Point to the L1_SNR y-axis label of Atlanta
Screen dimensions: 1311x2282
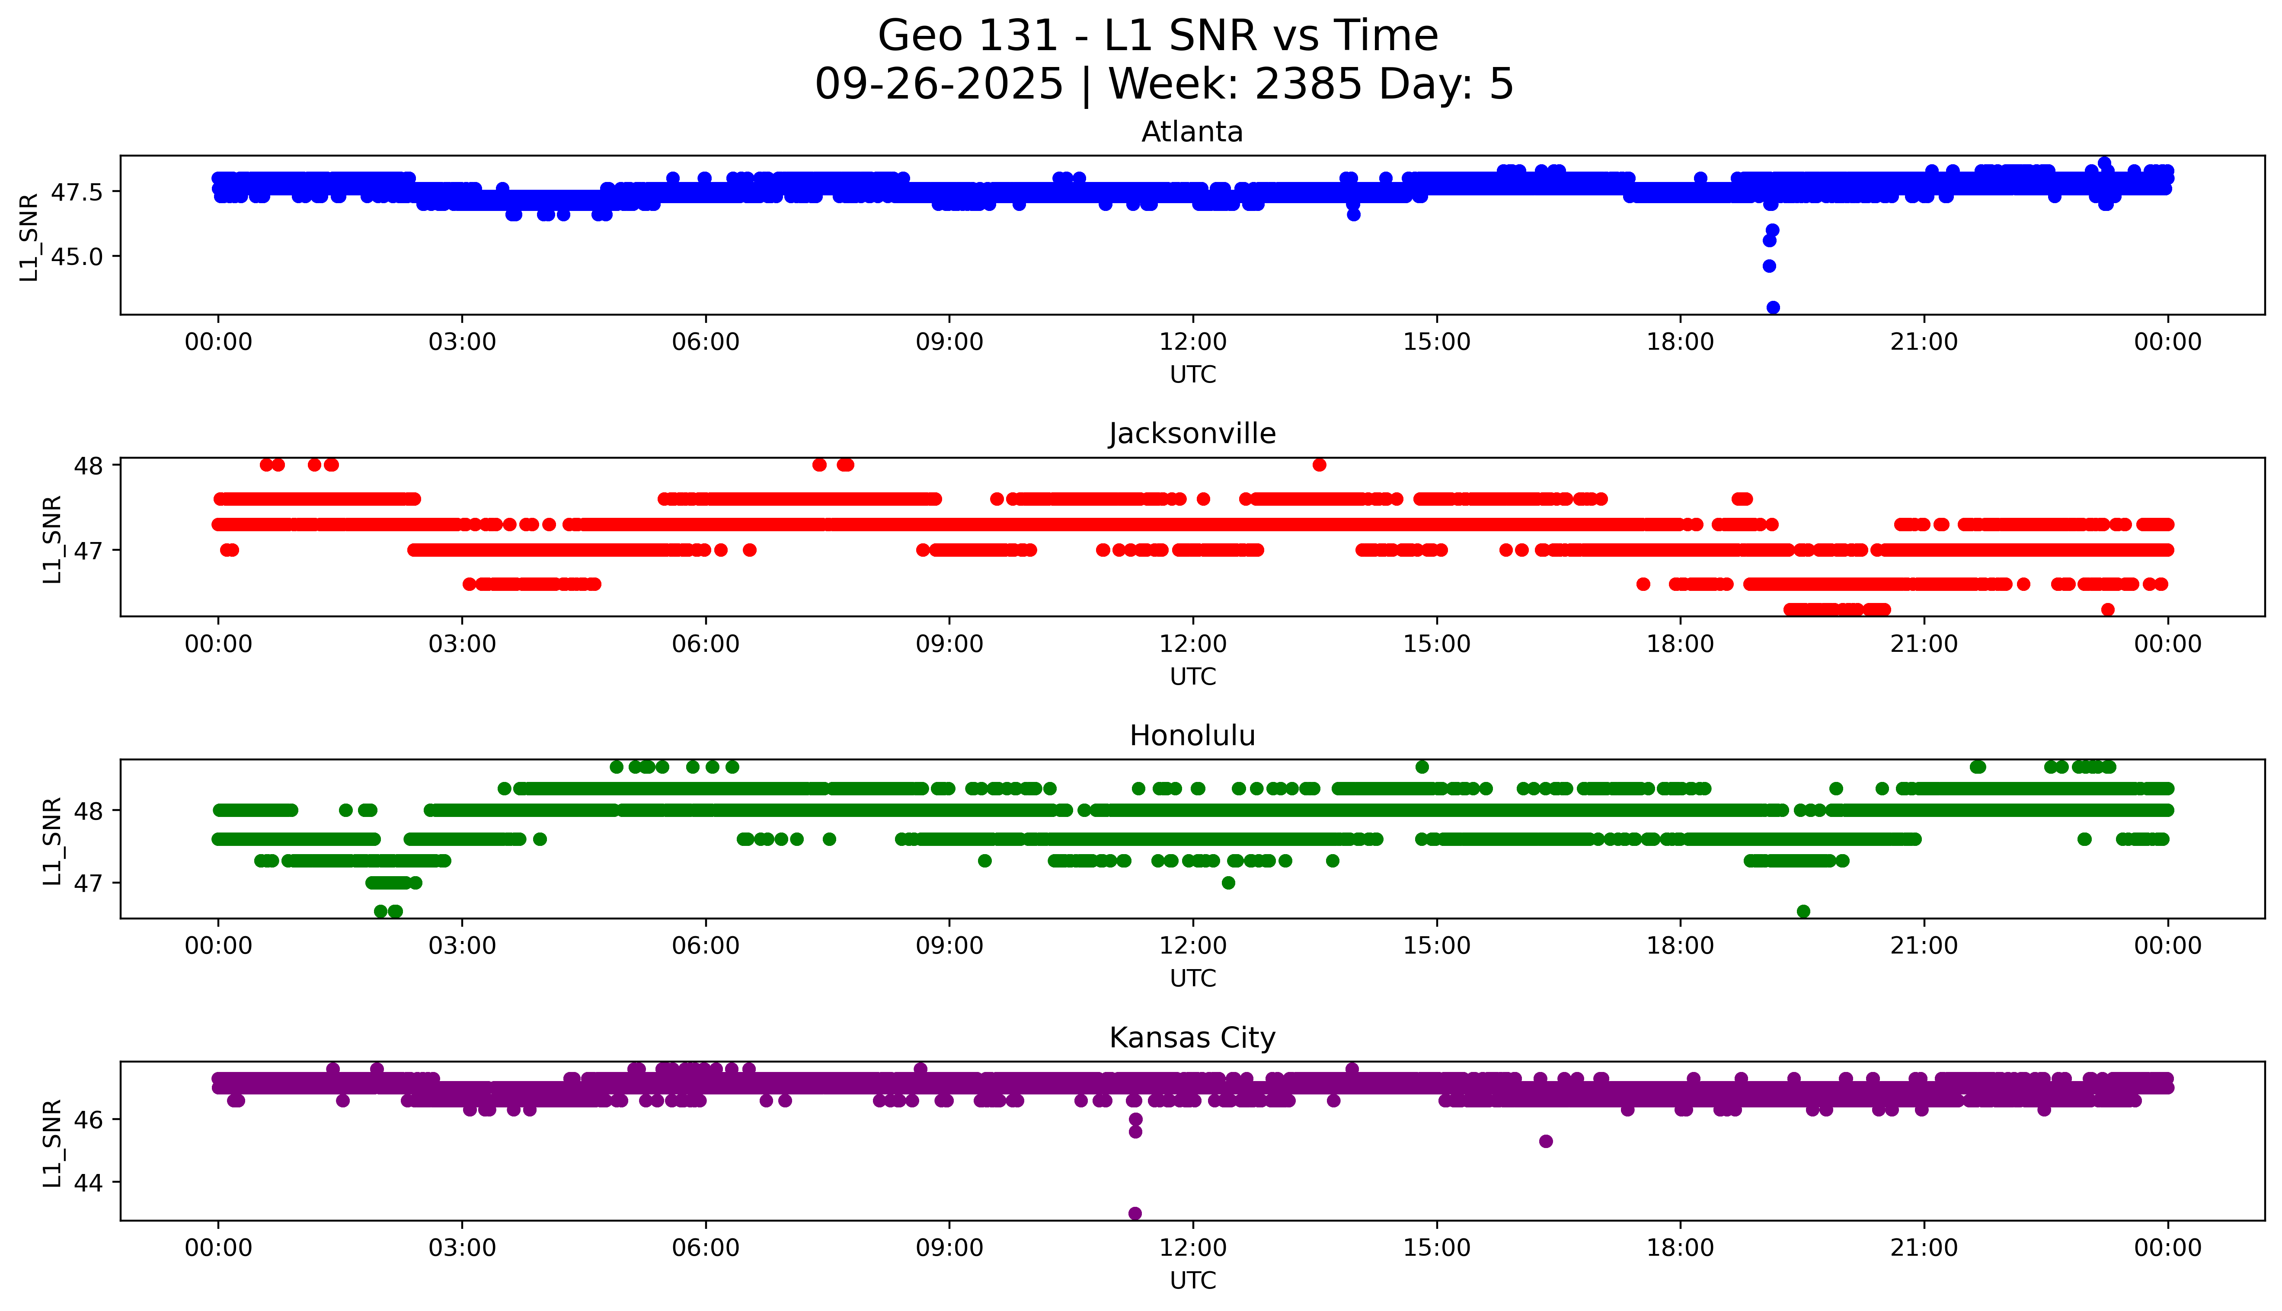[30, 237]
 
